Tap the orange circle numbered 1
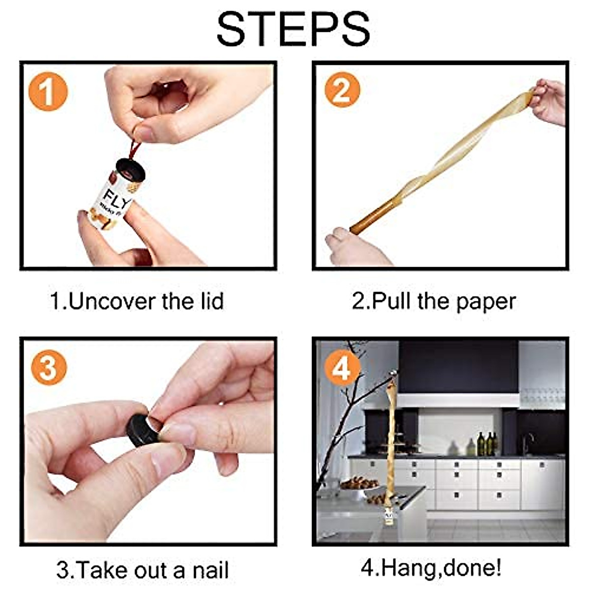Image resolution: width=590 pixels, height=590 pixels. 48,92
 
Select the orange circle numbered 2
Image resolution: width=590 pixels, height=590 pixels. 342,90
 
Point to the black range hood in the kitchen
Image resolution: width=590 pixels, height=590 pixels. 458,374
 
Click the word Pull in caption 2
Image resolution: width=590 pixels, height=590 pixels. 391,301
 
